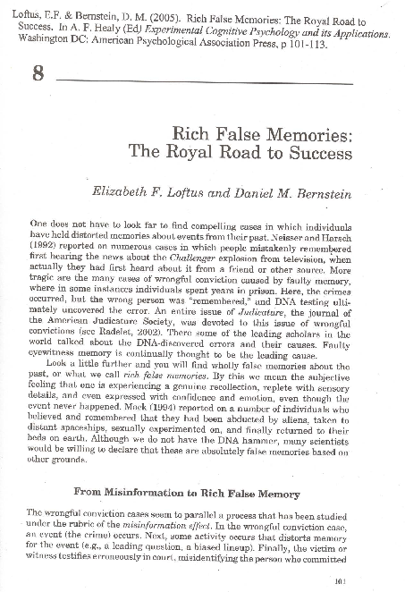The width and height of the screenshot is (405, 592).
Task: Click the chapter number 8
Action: pos(38,73)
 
